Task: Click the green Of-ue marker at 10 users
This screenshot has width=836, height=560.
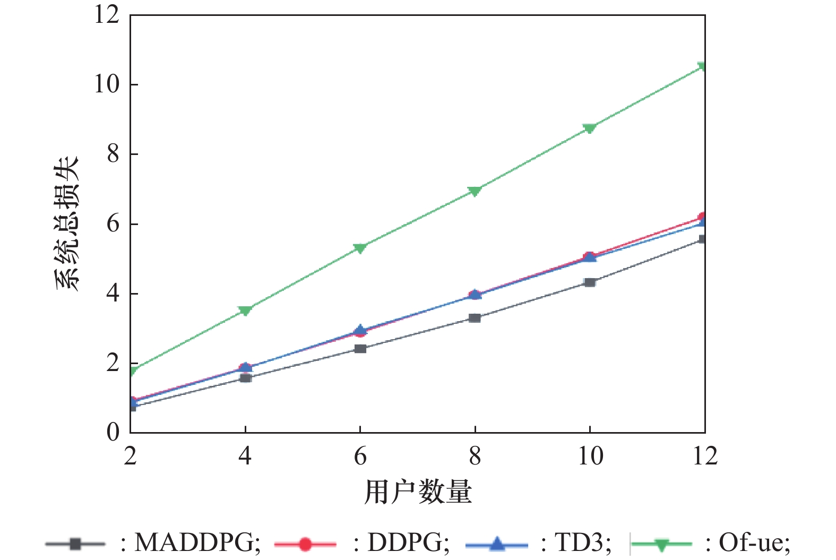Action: coord(589,128)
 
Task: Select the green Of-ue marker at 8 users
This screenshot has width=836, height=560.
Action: coord(475,191)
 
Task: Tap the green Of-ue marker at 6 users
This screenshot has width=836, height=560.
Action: coord(360,248)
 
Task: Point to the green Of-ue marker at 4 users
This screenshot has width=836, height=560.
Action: coord(245,311)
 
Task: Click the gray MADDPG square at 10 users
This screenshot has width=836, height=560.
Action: coord(589,282)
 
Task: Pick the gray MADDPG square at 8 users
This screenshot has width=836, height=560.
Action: coord(475,318)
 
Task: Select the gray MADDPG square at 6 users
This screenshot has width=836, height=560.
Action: coord(360,349)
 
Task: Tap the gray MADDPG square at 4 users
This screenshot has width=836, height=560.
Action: coord(245,378)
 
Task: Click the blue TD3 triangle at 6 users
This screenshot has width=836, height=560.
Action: coord(360,330)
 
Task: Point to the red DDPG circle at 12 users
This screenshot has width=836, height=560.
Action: coord(703,217)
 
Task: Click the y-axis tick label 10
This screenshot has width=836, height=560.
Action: coord(107,84)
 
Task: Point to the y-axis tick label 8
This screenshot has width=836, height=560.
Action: coord(113,154)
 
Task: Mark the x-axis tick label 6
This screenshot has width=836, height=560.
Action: coord(360,456)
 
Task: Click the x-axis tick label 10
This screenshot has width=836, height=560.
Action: coord(589,456)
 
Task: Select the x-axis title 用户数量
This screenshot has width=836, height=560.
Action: coord(418,492)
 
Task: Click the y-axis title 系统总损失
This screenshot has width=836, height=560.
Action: coord(67,223)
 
